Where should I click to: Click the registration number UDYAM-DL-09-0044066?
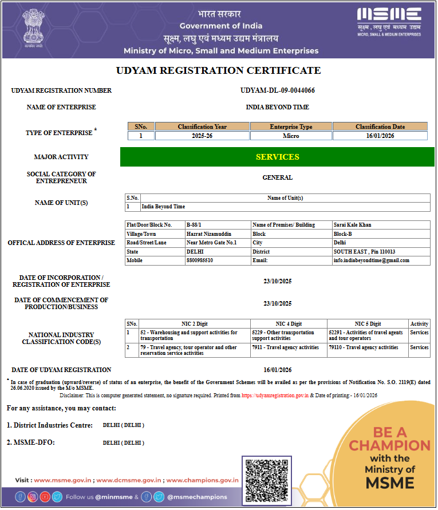(278, 90)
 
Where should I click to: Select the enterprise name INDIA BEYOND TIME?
(278, 107)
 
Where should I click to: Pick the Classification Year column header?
(202, 126)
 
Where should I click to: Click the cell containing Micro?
(291, 136)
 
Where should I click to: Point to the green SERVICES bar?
(278, 157)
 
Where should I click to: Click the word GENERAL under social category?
(278, 177)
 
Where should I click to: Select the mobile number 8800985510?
(199, 260)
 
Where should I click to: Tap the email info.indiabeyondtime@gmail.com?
(372, 260)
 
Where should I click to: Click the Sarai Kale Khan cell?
(353, 225)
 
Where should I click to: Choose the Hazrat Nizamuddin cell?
(209, 234)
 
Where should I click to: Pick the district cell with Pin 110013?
(365, 252)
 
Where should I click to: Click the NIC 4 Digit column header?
(289, 324)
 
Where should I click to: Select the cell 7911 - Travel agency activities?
(286, 347)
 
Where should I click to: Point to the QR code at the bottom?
(266, 481)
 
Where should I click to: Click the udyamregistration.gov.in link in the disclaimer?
(275, 396)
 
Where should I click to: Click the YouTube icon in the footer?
(45, 497)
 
